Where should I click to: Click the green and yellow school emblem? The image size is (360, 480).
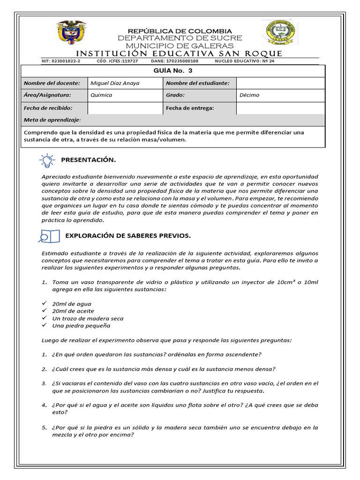coord(278,35)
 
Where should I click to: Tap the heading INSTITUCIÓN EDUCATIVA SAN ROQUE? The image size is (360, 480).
coord(179,53)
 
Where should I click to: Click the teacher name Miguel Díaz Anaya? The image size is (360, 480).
coord(115,83)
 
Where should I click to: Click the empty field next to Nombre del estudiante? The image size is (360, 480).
coord(280,83)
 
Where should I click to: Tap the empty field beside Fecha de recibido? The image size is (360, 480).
coord(125,108)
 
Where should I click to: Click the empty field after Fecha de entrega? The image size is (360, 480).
coord(280,108)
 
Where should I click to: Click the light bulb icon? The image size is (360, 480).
coord(46,160)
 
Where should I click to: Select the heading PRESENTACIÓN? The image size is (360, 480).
coord(88,160)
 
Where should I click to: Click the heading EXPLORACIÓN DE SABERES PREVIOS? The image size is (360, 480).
coord(128,235)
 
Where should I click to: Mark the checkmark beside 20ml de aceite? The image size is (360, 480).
coord(45,311)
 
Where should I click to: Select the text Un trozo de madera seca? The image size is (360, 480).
coord(88,318)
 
